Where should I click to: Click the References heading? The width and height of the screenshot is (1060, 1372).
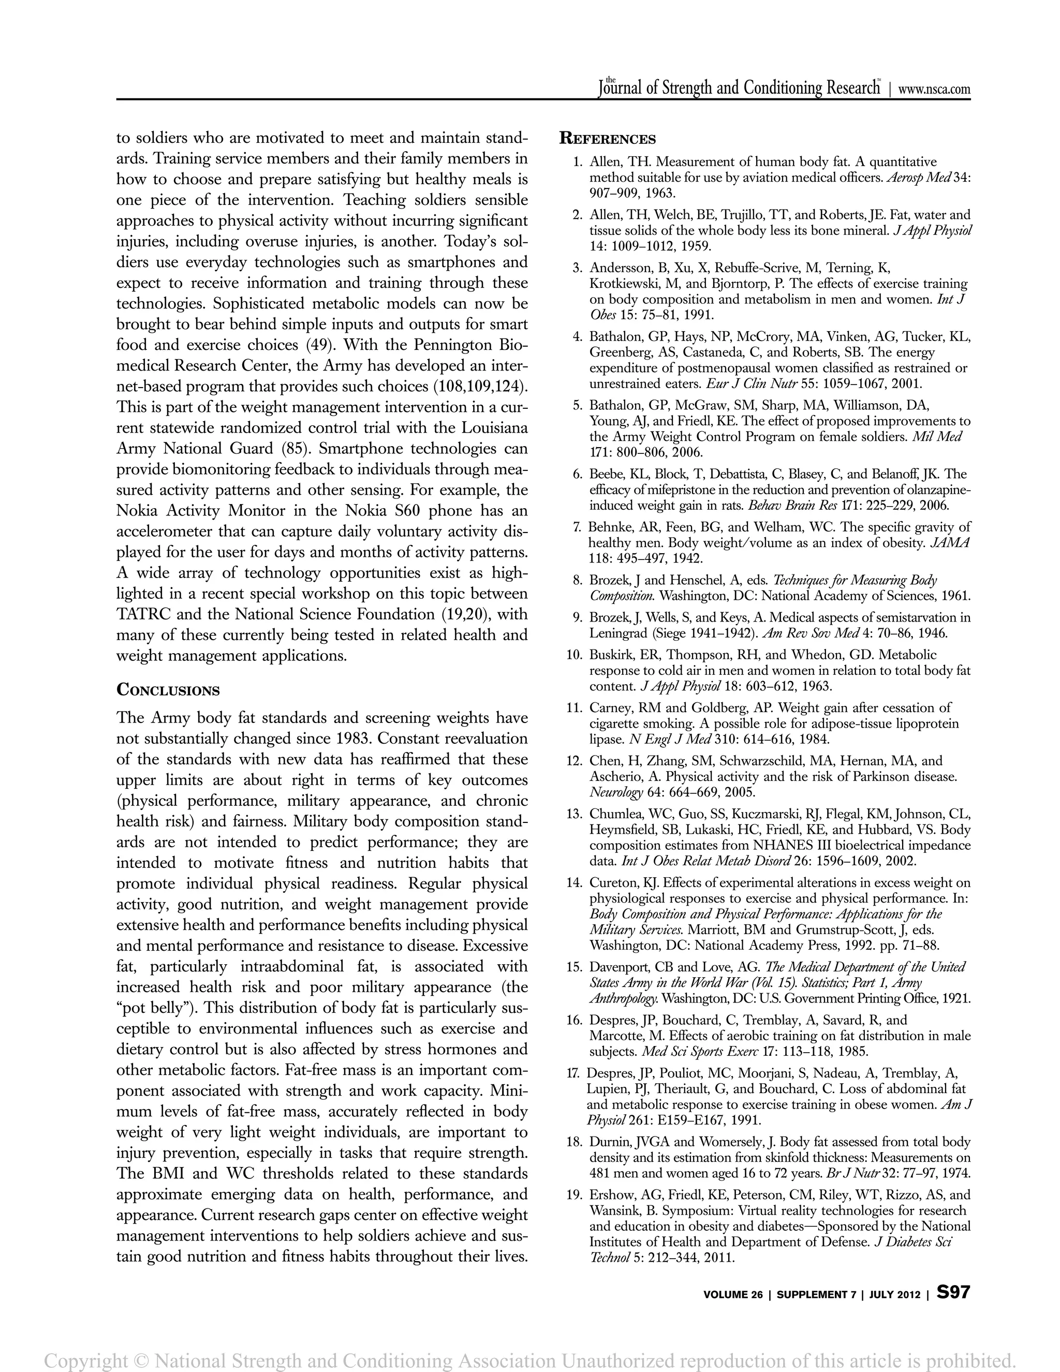pyautogui.click(x=607, y=139)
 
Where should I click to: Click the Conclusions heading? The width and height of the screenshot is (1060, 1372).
pyautogui.click(x=168, y=690)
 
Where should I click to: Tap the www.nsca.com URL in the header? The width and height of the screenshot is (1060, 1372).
pyautogui.click(x=934, y=89)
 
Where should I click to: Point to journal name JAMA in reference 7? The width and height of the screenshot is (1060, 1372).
pyautogui.click(x=951, y=543)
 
